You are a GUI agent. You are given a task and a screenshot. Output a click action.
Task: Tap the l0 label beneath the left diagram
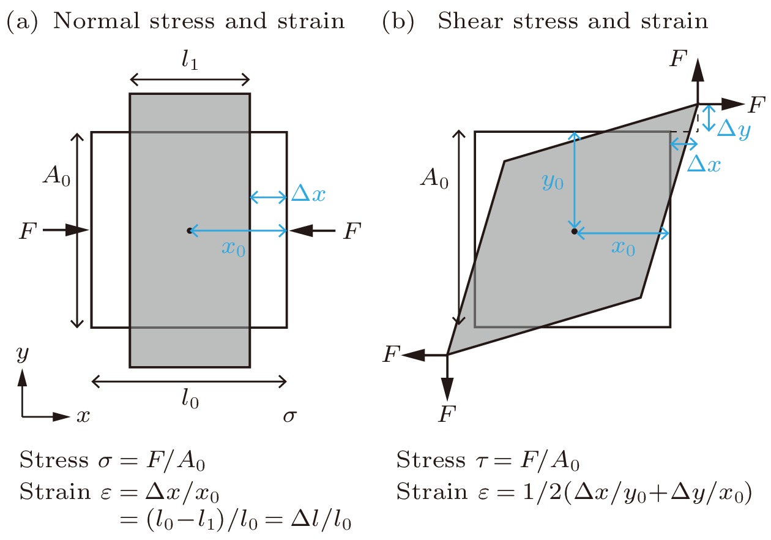190,399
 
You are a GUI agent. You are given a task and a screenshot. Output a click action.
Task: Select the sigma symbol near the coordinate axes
289,416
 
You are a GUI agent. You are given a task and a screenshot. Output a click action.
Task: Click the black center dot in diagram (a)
189,231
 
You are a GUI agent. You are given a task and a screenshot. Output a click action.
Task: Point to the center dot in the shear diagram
574,231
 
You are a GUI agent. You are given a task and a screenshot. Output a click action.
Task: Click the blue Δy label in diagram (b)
734,130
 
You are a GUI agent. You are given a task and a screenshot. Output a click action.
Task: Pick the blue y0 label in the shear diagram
553,181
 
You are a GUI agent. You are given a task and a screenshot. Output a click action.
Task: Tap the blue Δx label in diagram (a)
308,193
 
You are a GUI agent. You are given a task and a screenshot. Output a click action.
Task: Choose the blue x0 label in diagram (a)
234,249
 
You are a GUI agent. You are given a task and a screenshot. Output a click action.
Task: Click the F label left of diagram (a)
28,231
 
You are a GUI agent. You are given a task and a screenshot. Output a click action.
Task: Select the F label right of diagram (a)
352,231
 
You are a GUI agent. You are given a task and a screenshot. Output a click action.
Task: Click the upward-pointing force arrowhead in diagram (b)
698,70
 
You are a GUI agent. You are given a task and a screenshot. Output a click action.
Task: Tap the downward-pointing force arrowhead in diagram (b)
447,389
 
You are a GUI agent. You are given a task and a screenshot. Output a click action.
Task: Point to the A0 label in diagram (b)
434,178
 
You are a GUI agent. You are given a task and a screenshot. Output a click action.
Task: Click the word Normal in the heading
97,21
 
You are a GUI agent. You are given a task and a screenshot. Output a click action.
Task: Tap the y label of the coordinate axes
23,354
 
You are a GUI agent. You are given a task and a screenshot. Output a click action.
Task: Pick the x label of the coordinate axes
83,416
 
